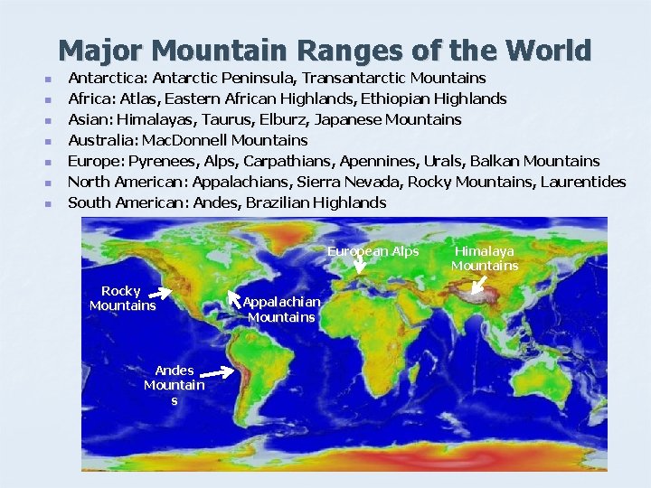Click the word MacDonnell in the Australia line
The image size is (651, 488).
(184, 140)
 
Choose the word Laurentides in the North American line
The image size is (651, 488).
(582, 182)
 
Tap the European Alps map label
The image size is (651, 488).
(373, 251)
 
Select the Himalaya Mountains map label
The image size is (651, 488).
(485, 258)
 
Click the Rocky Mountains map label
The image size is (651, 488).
(122, 298)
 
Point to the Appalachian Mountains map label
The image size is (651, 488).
(281, 308)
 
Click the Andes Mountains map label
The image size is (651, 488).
(174, 385)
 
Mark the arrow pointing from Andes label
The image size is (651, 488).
(218, 371)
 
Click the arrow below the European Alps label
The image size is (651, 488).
(359, 264)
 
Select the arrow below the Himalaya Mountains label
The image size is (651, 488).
(479, 286)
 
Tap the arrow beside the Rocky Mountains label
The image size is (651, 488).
(161, 293)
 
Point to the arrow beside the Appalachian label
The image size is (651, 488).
(234, 297)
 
